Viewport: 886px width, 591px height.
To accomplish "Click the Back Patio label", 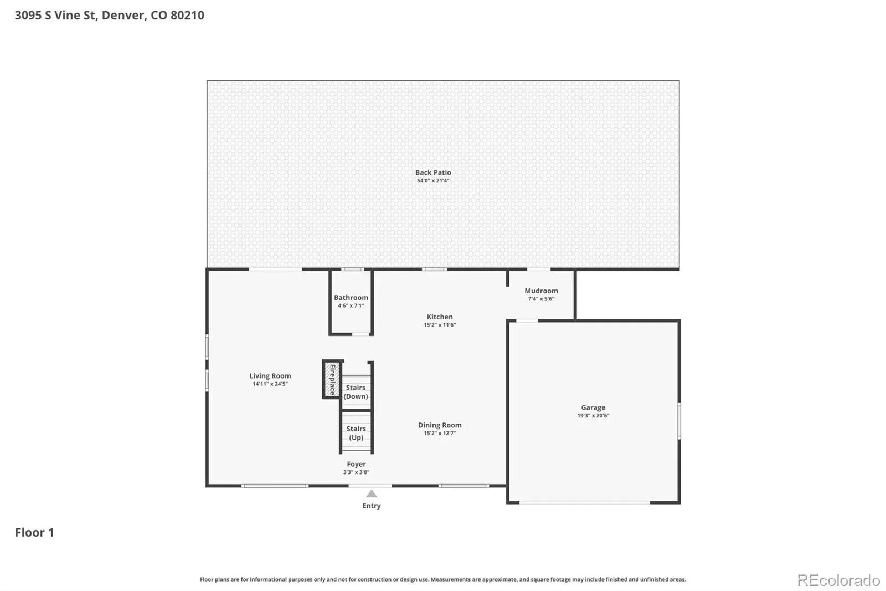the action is (x=433, y=172).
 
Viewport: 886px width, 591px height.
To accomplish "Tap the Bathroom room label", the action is (x=351, y=298).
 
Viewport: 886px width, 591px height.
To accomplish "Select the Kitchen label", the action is (x=440, y=317).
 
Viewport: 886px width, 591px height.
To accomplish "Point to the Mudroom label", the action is (x=541, y=291).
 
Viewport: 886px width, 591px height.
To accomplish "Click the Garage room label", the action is (x=593, y=407).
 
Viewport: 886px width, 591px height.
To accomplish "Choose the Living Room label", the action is (x=270, y=375).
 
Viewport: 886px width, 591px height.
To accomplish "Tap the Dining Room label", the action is (x=440, y=425).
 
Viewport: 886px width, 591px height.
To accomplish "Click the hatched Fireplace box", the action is (x=332, y=379).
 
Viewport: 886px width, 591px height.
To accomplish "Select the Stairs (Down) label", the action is (x=356, y=392).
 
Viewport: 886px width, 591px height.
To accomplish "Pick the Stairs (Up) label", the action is (x=356, y=433).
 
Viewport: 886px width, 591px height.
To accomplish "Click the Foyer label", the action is (x=357, y=464).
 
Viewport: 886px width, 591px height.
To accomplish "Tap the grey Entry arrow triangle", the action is (x=372, y=493).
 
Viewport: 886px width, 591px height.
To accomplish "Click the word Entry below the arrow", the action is (x=372, y=506).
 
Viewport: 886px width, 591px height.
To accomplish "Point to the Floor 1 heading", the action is (x=34, y=532).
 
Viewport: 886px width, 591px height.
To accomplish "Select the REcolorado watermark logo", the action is (x=838, y=580).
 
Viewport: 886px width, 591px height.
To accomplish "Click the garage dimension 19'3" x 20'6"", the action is (x=593, y=415).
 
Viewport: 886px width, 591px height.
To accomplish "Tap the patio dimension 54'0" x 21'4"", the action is (x=433, y=181).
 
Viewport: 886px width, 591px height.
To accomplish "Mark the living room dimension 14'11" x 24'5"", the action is (x=270, y=384).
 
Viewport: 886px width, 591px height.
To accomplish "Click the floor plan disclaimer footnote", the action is (x=443, y=579).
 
